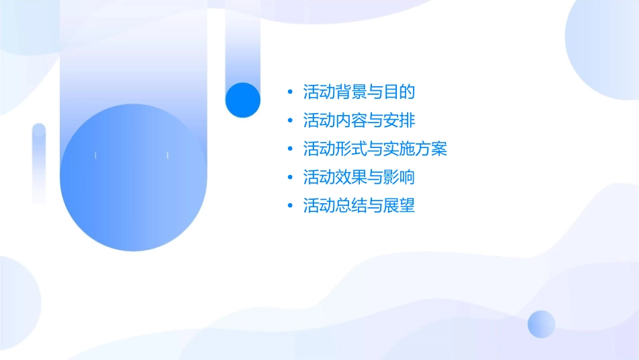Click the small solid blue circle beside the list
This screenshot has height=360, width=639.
(x=243, y=100)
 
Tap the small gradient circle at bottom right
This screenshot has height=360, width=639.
(x=541, y=324)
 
